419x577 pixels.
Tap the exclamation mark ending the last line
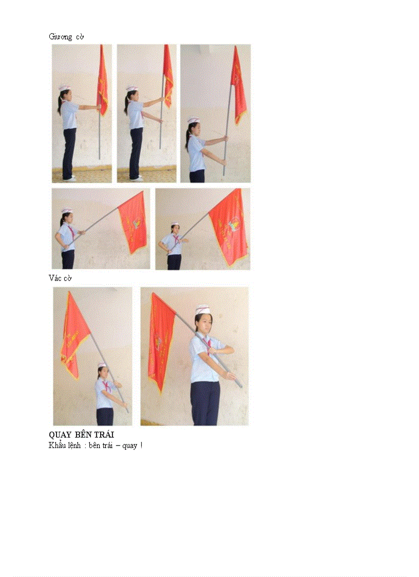(x=141, y=445)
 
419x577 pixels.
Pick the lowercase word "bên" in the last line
(x=96, y=445)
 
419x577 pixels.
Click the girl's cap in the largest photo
(x=204, y=310)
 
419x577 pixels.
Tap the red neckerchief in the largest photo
(x=205, y=341)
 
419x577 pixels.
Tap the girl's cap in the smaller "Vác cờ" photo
(x=102, y=365)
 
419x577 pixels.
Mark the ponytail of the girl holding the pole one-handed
(x=61, y=105)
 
